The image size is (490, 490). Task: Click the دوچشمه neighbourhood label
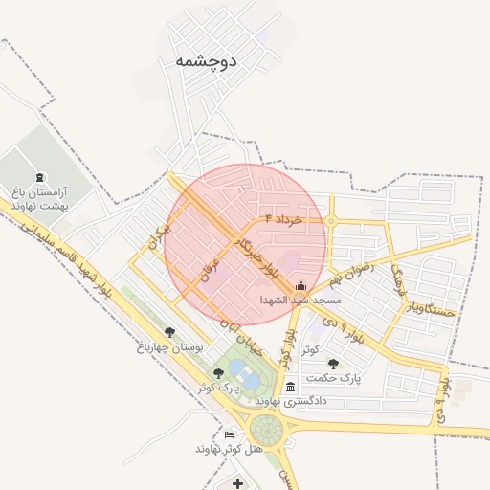pos(206,60)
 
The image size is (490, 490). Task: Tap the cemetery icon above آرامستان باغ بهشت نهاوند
pos(39,177)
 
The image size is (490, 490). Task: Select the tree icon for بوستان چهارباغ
pos(170,332)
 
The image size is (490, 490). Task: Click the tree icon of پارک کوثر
pos(219,373)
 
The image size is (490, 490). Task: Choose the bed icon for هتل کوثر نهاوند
pos(228,434)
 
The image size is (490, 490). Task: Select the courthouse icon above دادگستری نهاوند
pos(291,387)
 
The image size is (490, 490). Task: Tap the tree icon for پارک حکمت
pos(333,364)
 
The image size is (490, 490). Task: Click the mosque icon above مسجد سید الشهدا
pos(301,285)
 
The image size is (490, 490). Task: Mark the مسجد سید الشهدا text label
pos(301,300)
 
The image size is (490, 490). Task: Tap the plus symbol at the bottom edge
pos(237,483)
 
